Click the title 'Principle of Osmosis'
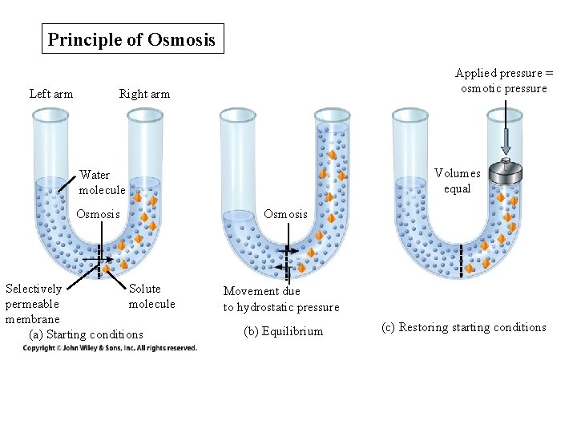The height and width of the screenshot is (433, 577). (x=132, y=39)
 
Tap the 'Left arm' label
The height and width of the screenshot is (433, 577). (x=51, y=94)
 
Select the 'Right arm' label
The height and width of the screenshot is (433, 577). (x=144, y=94)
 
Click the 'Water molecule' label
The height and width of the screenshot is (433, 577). (x=102, y=182)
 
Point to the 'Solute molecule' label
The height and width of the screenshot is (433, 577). (x=151, y=296)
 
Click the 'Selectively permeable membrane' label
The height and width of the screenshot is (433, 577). (x=33, y=304)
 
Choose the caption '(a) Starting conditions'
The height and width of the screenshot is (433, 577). (x=86, y=334)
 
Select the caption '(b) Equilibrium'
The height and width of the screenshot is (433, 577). (x=283, y=331)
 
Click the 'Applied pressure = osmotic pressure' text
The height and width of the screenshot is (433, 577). (x=504, y=81)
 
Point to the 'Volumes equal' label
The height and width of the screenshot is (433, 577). (x=458, y=180)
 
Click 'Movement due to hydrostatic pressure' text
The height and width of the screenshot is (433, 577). (x=280, y=299)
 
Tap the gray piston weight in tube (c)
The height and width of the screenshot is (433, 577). (x=506, y=171)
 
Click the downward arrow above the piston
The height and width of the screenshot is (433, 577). (x=506, y=140)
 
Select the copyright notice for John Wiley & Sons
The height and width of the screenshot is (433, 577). (x=110, y=348)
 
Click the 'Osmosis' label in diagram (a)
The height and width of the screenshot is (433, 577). (x=98, y=214)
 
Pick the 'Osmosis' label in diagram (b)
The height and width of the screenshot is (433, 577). (x=285, y=214)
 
